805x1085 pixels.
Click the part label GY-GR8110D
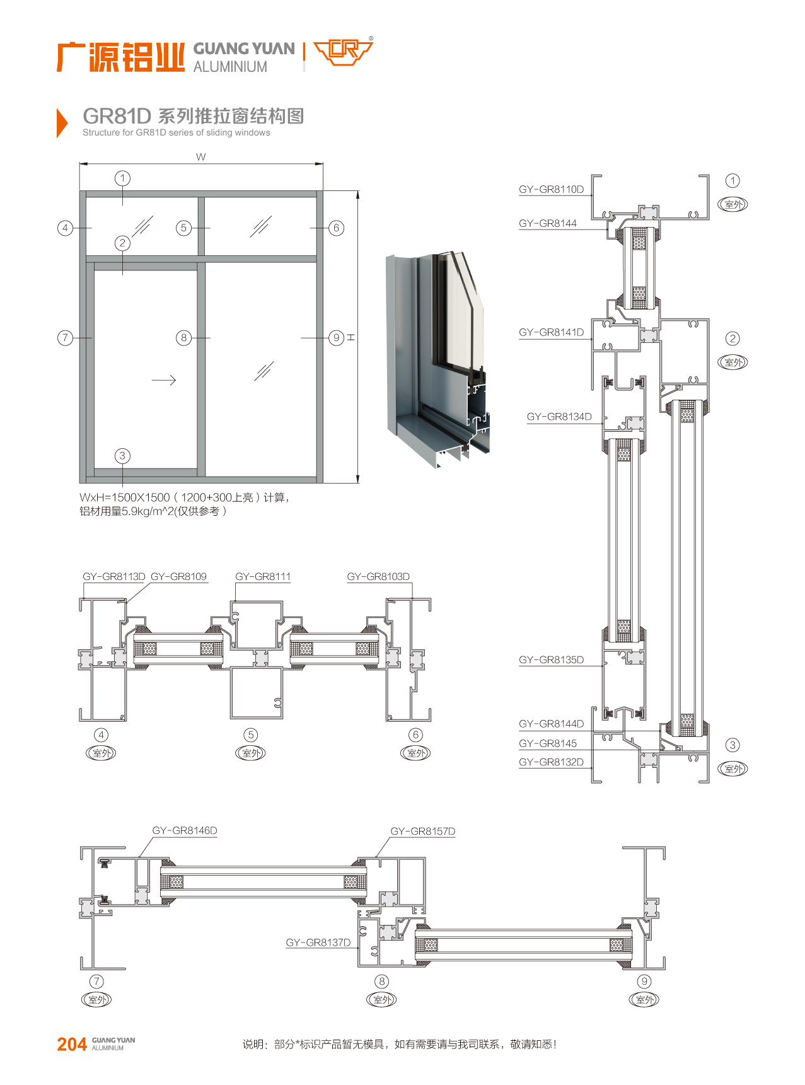click(551, 189)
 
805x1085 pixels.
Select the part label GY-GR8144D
click(551, 724)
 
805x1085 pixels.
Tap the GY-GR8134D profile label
click(559, 417)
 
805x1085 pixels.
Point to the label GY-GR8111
click(263, 576)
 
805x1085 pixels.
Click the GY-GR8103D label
click(378, 576)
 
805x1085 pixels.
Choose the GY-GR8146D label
click(185, 830)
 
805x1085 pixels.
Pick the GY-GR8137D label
click(318, 943)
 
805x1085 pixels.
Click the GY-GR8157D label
click(422, 831)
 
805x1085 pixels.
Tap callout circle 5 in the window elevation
click(183, 228)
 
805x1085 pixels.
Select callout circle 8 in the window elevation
click(183, 337)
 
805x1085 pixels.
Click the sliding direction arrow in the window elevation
click(164, 380)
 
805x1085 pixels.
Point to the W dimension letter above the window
click(200, 157)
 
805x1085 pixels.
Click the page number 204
click(72, 1045)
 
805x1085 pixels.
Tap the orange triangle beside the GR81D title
click(62, 122)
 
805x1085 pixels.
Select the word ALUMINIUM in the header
click(230, 67)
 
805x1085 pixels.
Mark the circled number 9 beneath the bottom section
click(644, 981)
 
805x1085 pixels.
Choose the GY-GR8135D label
click(551, 660)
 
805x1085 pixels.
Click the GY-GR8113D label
click(114, 576)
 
